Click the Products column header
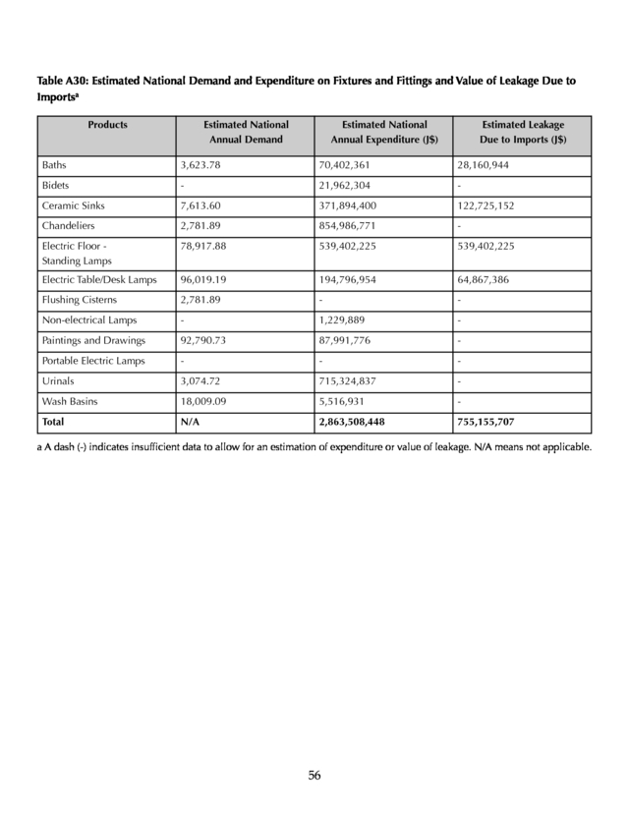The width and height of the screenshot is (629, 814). [x=107, y=125]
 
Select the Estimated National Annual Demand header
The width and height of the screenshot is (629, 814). [x=246, y=133]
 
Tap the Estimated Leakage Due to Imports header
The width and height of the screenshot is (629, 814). [x=523, y=133]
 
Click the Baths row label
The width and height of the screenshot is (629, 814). [x=54, y=165]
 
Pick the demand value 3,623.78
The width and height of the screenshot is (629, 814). [x=203, y=165]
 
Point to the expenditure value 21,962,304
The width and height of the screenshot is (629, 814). [x=343, y=186]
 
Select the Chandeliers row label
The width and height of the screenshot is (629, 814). [x=66, y=227]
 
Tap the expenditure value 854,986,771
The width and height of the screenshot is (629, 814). [x=346, y=227]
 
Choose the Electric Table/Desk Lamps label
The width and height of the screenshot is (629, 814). [x=99, y=280]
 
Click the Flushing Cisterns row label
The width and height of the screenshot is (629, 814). [x=79, y=300]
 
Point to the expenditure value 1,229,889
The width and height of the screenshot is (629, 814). [x=341, y=320]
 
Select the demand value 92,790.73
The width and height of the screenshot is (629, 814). [x=206, y=341]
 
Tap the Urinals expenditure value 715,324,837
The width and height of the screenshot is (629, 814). [x=346, y=381]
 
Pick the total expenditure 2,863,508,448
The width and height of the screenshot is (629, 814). [x=352, y=423]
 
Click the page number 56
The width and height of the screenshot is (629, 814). [x=314, y=775]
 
